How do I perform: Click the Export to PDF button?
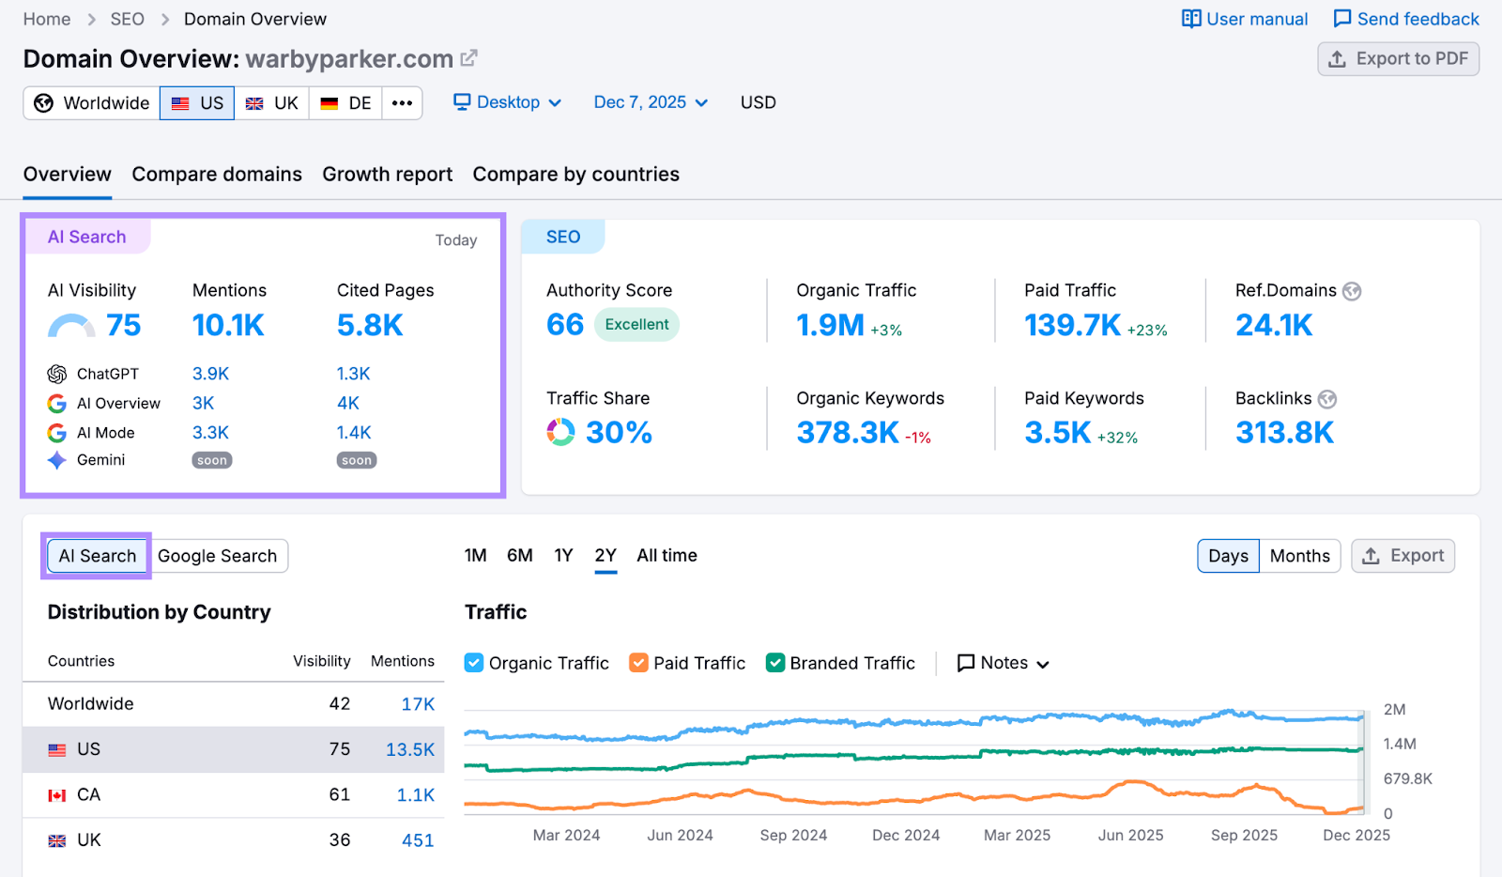(1398, 59)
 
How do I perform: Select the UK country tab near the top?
(272, 103)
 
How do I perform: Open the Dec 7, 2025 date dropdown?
(651, 102)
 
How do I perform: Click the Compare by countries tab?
(575, 175)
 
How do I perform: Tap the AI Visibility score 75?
(123, 325)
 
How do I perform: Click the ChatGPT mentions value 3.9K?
(210, 374)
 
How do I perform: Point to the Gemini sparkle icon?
(57, 460)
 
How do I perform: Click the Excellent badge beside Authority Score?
(636, 325)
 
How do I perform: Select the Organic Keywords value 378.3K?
(848, 433)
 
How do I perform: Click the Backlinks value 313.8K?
(1283, 433)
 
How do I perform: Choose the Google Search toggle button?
(217, 556)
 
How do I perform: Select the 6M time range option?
(519, 556)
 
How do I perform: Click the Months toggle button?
(1299, 556)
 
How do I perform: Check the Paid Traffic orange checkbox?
(638, 663)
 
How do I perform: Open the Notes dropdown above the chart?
(1003, 663)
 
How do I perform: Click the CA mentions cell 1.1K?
(415, 795)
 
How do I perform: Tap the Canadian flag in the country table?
(57, 795)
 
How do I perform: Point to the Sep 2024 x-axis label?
(793, 836)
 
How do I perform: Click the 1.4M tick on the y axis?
(1399, 745)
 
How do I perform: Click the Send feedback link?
(1405, 19)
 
